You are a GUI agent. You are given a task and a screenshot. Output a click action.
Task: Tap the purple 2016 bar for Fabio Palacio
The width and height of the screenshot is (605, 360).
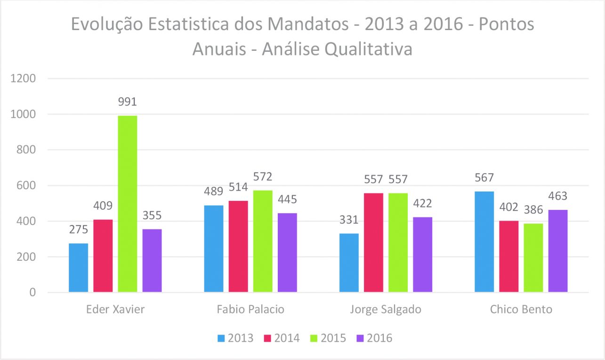point(287,253)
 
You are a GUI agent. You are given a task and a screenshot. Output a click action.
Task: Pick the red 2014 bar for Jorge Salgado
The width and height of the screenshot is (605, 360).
point(373,243)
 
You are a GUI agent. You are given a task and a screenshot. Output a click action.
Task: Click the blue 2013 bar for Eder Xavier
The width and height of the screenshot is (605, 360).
point(78,268)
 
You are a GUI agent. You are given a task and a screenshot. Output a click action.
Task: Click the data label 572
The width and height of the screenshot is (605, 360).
point(262,177)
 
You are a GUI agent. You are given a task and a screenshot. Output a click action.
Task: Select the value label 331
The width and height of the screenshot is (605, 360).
point(349,220)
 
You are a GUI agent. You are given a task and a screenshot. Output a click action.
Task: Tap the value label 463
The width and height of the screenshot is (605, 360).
point(557,196)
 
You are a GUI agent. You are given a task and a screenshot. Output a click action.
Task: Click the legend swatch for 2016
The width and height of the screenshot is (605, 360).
point(361,338)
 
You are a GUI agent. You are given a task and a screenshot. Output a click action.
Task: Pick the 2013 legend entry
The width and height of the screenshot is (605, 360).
point(235,338)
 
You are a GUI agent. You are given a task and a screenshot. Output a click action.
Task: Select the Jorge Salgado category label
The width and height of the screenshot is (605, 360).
point(386,310)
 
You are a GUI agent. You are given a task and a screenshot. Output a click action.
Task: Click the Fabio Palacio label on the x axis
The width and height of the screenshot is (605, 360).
point(250,310)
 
